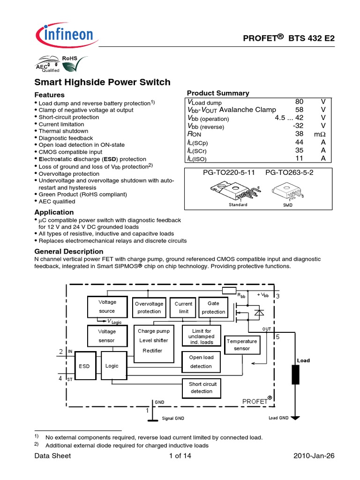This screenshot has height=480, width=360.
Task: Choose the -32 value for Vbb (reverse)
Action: [x=297, y=126]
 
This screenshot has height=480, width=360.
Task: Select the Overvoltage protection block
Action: [x=149, y=307]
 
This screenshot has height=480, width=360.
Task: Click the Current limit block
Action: [x=183, y=307]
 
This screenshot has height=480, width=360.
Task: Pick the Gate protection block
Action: [x=213, y=307]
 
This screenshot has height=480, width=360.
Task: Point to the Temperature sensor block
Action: [x=242, y=345]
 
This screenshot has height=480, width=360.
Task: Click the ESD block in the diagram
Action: [x=84, y=366]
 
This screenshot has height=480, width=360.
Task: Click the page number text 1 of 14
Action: [x=180, y=456]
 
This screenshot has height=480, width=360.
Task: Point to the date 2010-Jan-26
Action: [x=314, y=456]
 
